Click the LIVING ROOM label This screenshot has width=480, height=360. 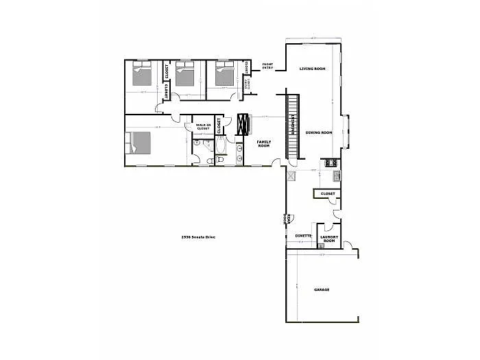coord(311,69)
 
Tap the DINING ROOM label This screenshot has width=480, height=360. coord(319,132)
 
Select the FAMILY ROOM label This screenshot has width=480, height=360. coord(264,143)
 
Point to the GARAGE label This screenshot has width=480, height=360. coord(322,289)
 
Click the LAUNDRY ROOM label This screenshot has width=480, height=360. coord(328,239)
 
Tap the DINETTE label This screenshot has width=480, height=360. coord(303,236)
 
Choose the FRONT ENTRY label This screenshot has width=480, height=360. coord(268,67)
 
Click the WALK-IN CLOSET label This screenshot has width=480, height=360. coord(203,126)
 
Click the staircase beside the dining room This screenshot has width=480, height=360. coord(293,127)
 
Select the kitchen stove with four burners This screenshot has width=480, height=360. coord(329,163)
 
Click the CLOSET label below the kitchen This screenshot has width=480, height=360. coord(328,194)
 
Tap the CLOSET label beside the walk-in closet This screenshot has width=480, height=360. coord(219,125)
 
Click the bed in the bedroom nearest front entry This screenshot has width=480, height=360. coord(224,73)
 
